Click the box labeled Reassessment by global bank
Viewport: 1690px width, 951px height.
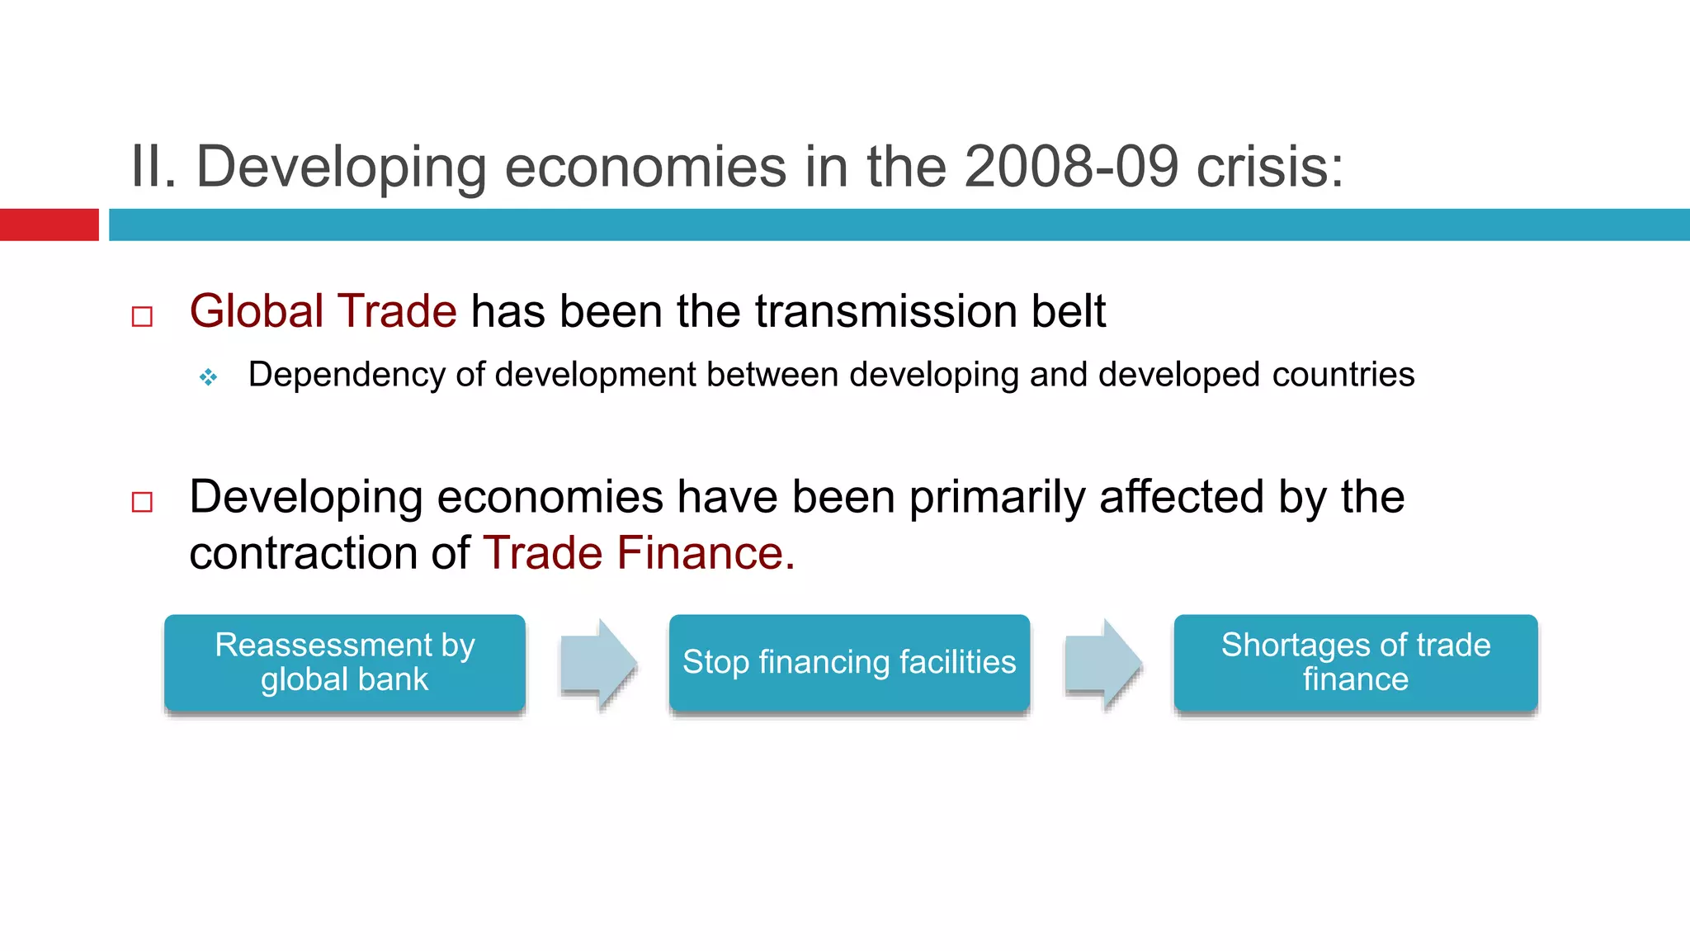[x=345, y=662]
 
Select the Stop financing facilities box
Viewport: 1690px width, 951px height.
[x=849, y=662]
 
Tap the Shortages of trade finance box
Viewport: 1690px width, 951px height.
[x=1355, y=662]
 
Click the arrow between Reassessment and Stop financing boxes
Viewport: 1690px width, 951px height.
[x=598, y=663]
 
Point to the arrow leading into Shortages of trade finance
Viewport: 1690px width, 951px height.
[x=1103, y=663]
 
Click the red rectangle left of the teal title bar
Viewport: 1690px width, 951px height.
[x=49, y=225]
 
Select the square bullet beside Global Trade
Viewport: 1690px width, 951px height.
[x=142, y=316]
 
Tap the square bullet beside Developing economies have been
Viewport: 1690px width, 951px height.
[x=142, y=502]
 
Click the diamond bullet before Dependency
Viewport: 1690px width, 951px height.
[x=208, y=377]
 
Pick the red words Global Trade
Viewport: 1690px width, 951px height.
[x=323, y=311]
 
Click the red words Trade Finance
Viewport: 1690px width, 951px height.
[x=638, y=552]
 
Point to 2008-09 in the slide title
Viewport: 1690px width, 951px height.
[x=1070, y=167]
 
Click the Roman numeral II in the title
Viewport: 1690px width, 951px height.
[x=153, y=167]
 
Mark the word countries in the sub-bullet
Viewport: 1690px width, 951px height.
[x=1343, y=375]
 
